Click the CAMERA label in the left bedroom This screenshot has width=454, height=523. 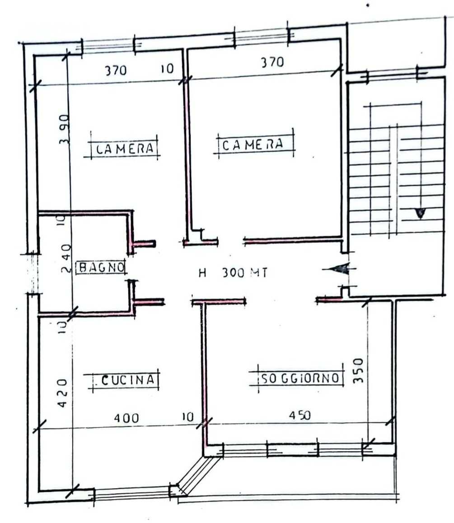125,148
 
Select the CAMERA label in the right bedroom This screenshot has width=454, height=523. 253,145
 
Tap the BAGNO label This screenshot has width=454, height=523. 102,267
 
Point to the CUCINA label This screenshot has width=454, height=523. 128,379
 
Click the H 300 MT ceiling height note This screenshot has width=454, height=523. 233,273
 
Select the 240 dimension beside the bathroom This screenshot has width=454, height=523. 66,258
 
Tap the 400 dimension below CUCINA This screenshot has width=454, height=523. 126,418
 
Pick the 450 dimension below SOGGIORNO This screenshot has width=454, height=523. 300,415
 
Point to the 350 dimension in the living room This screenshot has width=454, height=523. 358,370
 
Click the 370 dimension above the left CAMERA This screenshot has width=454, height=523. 116,70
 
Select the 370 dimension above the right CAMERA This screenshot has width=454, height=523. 272,62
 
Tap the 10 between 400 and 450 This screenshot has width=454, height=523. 188,416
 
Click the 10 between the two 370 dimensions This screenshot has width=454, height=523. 167,69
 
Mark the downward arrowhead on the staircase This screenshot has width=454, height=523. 420,213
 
